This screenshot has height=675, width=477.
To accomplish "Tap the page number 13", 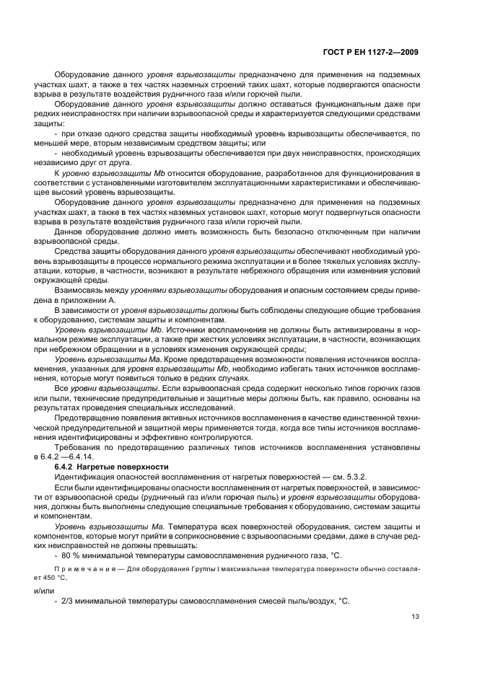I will [414, 617].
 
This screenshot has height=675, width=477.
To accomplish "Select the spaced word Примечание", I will [81, 568].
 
